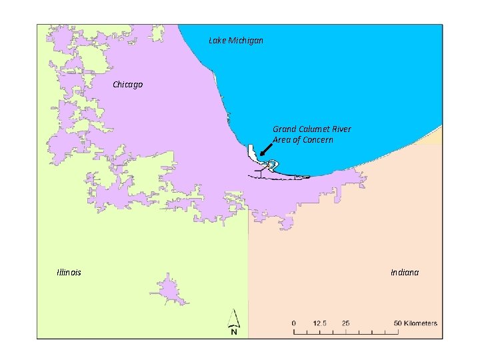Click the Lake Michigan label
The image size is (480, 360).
click(236, 41)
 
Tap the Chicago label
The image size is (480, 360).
click(127, 85)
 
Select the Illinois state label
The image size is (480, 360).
click(69, 272)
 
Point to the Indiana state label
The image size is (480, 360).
click(405, 272)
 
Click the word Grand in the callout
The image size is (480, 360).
click(284, 129)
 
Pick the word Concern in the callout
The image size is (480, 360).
click(318, 140)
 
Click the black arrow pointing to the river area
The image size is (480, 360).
click(266, 151)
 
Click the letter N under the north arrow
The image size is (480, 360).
click(234, 331)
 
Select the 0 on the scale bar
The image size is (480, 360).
click(293, 323)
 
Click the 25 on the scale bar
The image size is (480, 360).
click(345, 323)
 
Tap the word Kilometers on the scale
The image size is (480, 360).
click(421, 323)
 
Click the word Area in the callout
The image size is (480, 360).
click(281, 140)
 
